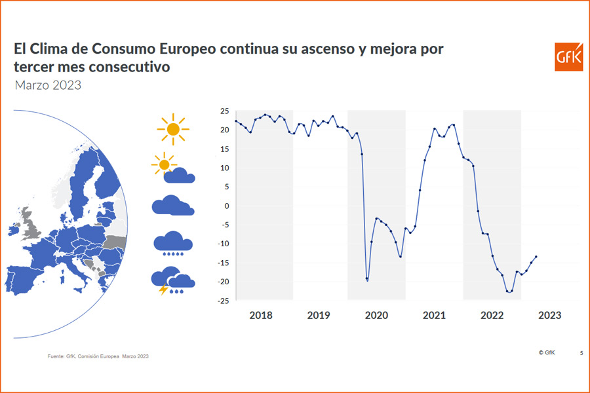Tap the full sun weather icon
coord(173,129)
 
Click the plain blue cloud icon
coord(173,205)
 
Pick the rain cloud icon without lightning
coord(173,243)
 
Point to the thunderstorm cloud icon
coord(172,280)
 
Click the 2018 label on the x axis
coord(261,315)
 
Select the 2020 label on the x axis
coord(376,315)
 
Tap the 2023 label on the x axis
coord(549,315)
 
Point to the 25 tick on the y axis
coord(224,111)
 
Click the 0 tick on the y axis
coord(226,206)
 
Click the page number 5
coord(581,353)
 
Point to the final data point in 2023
coord(536,257)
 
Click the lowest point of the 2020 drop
coord(367,280)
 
